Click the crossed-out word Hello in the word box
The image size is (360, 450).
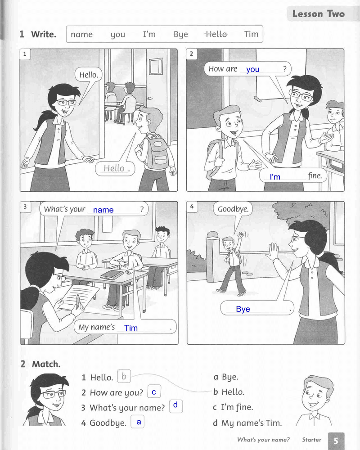tap(216, 34)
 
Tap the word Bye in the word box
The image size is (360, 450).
tap(180, 35)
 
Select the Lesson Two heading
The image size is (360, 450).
tap(318, 14)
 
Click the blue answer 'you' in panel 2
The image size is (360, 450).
tap(252, 69)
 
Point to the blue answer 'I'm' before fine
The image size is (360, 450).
tap(275, 177)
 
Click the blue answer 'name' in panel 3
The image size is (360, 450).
tap(103, 210)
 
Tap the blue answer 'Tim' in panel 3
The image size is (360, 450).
tap(131, 328)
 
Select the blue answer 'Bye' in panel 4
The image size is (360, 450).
tap(243, 309)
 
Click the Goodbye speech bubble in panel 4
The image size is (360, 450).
tap(233, 209)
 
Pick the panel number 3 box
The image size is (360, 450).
tap(25, 207)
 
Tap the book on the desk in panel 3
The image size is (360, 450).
tap(112, 275)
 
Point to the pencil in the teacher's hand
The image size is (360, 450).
tap(78, 300)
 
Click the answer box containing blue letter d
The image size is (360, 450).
tap(175, 406)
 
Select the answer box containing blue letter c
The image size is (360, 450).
tap(154, 391)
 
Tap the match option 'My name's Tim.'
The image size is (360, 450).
tap(247, 423)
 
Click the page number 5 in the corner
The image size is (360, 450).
tap(336, 441)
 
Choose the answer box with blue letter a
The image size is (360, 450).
tap(138, 422)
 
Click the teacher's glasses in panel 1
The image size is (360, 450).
tap(66, 102)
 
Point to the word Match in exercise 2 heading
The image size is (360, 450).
tap(46, 364)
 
